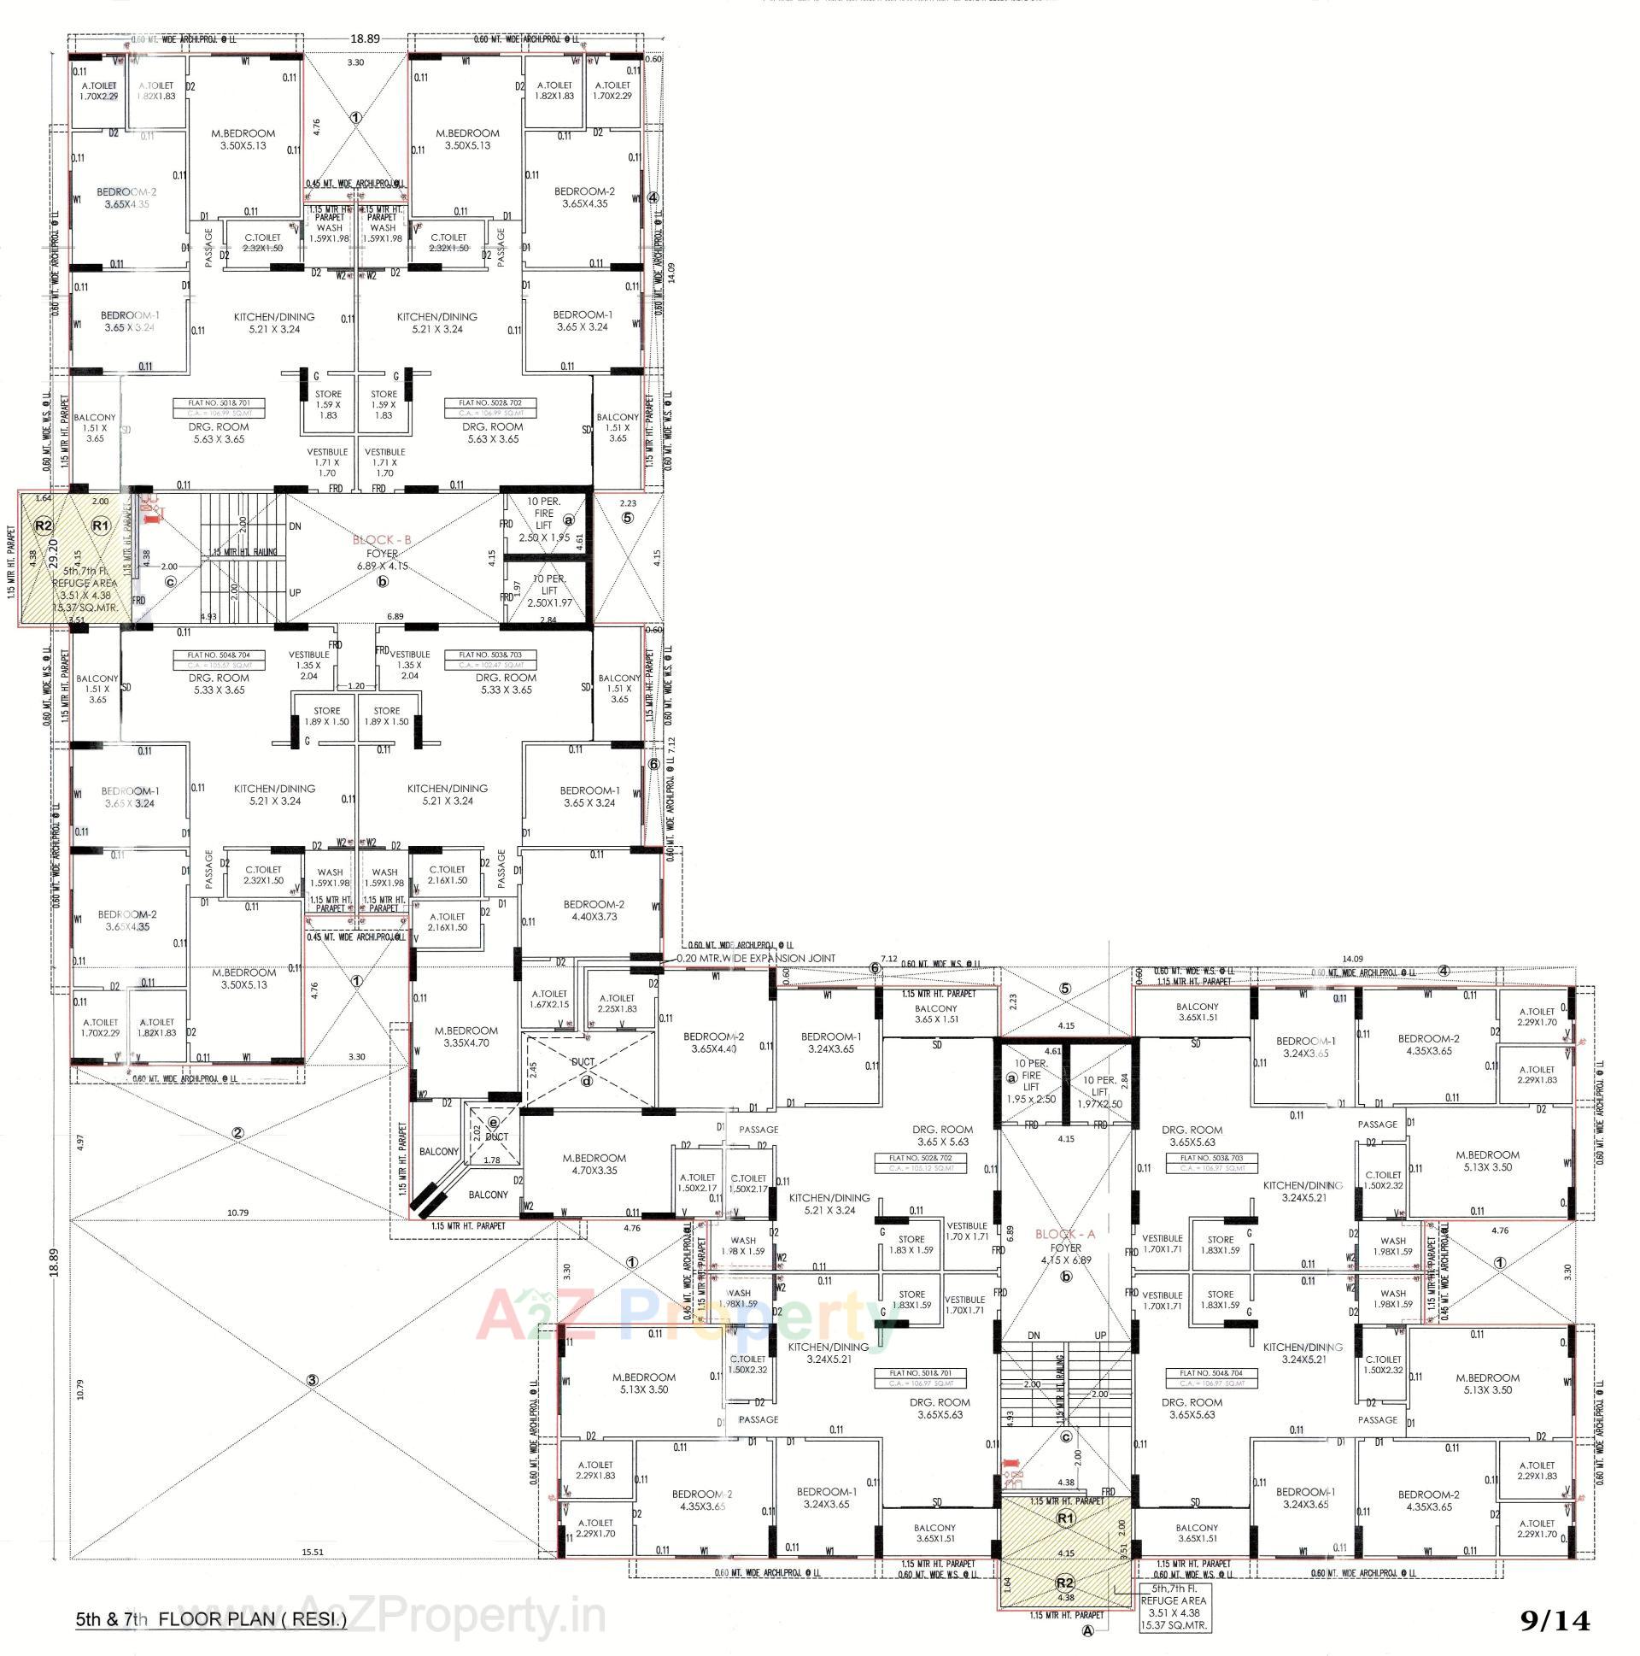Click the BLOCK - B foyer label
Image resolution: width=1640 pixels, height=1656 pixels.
pos(383,540)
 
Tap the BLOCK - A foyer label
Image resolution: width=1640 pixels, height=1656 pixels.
pos(1065,1234)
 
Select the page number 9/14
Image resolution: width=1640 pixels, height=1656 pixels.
pos(1555,1622)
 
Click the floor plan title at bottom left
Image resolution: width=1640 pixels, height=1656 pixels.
pos(211,1620)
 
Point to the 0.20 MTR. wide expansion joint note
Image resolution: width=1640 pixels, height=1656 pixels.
pos(756,958)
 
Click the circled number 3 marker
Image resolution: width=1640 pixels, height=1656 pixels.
pos(313,1380)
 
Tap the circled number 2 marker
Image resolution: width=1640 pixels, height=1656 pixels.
pos(238,1133)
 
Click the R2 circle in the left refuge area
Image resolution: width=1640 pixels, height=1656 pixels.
pos(43,526)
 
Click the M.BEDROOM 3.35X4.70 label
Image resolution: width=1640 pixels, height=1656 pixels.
pos(466,1036)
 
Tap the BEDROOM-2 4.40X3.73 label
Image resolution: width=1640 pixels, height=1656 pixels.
pos(593,910)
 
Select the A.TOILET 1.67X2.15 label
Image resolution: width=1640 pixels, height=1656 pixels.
pos(549,999)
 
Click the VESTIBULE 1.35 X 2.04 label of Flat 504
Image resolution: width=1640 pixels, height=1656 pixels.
pos(308,665)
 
